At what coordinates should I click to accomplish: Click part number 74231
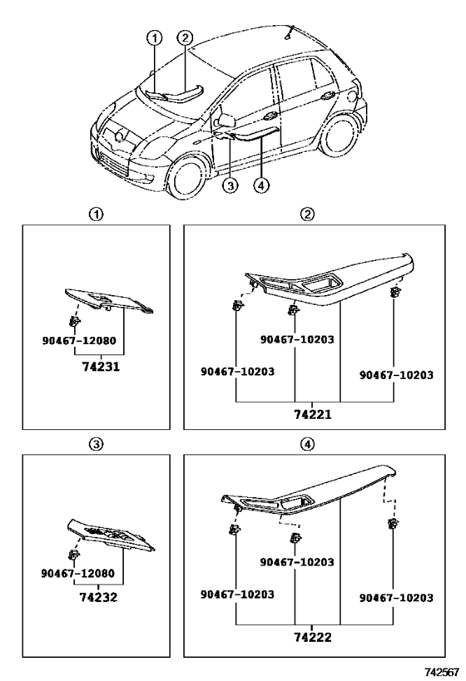[101, 367]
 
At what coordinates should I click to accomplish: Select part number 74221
[313, 415]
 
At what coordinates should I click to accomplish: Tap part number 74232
[98, 597]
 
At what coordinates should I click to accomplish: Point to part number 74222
[313, 637]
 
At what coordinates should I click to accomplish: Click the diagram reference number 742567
[442, 673]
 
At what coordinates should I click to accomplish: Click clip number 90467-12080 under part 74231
[79, 341]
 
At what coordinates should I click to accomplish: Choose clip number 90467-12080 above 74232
[78, 573]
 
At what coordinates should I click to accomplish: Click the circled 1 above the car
[154, 38]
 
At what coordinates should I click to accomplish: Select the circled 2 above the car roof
[185, 37]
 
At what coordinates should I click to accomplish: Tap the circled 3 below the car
[231, 186]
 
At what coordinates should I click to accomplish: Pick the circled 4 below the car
[261, 186]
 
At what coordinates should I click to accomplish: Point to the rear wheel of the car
[341, 135]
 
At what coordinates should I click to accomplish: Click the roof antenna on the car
[290, 33]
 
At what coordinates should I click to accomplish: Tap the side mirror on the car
[225, 120]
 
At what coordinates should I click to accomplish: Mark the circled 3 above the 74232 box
[96, 444]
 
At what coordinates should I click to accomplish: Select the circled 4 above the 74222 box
[307, 444]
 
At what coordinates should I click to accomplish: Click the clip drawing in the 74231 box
[74, 322]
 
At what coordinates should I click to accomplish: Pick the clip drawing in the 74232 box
[73, 555]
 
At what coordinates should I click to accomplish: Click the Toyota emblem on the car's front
[118, 136]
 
